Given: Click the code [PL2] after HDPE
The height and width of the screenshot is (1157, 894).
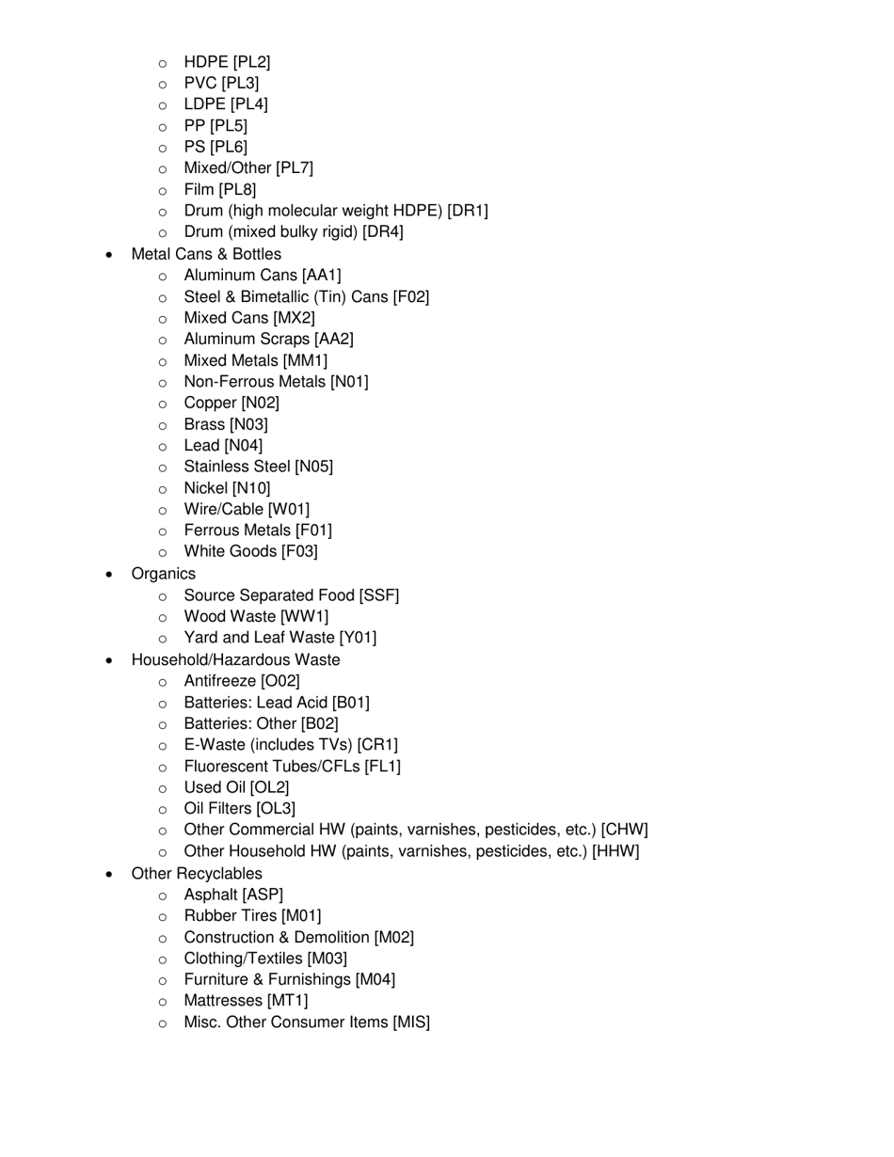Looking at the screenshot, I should point(251,62).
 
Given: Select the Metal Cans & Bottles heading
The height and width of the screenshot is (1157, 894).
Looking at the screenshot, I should point(206,254).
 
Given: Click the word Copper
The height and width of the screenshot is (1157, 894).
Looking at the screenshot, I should point(210,403).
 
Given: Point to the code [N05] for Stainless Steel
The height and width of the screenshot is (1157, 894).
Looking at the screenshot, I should point(313,467).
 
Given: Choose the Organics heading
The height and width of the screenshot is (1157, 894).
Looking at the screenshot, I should point(164,574).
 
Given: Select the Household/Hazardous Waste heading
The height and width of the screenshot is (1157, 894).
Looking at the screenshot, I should point(235,659).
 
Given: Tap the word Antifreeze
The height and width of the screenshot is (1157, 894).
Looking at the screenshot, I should point(220,681).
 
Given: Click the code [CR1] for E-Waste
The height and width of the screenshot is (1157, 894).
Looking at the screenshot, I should point(377,745).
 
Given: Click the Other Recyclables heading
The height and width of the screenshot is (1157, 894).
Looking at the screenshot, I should point(197,874).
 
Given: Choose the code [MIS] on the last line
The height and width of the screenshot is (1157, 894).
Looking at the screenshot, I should point(411,1022).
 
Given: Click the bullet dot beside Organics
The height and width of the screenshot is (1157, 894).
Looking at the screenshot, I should point(111,575).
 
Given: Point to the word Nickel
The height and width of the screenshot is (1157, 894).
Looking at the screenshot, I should point(206,488).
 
